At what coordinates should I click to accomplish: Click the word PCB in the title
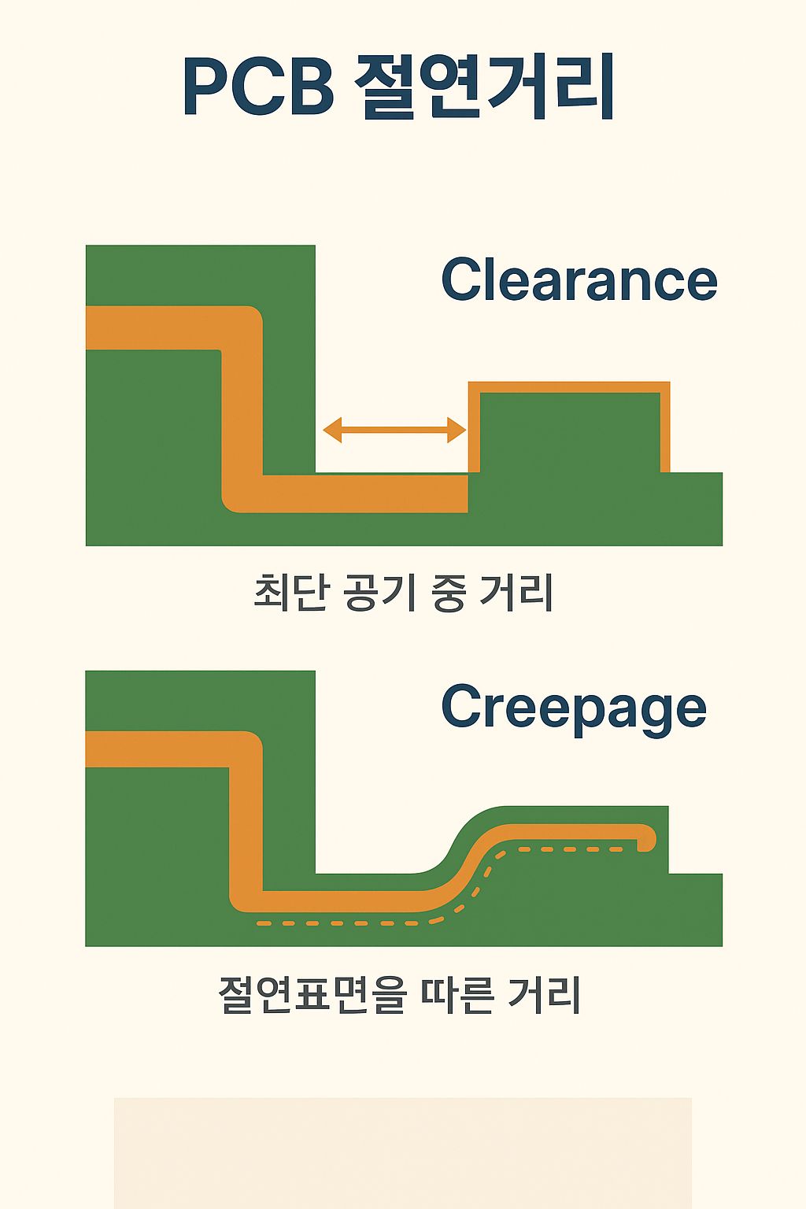[x=258, y=87]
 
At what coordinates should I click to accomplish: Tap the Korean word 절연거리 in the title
[x=484, y=87]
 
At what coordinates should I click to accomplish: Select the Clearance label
[x=579, y=279]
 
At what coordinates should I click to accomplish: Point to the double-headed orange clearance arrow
[x=394, y=430]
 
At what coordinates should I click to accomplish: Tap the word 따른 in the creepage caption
[x=457, y=995]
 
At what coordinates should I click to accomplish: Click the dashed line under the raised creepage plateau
[x=567, y=849]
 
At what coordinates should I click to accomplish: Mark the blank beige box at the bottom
[x=402, y=1152]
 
